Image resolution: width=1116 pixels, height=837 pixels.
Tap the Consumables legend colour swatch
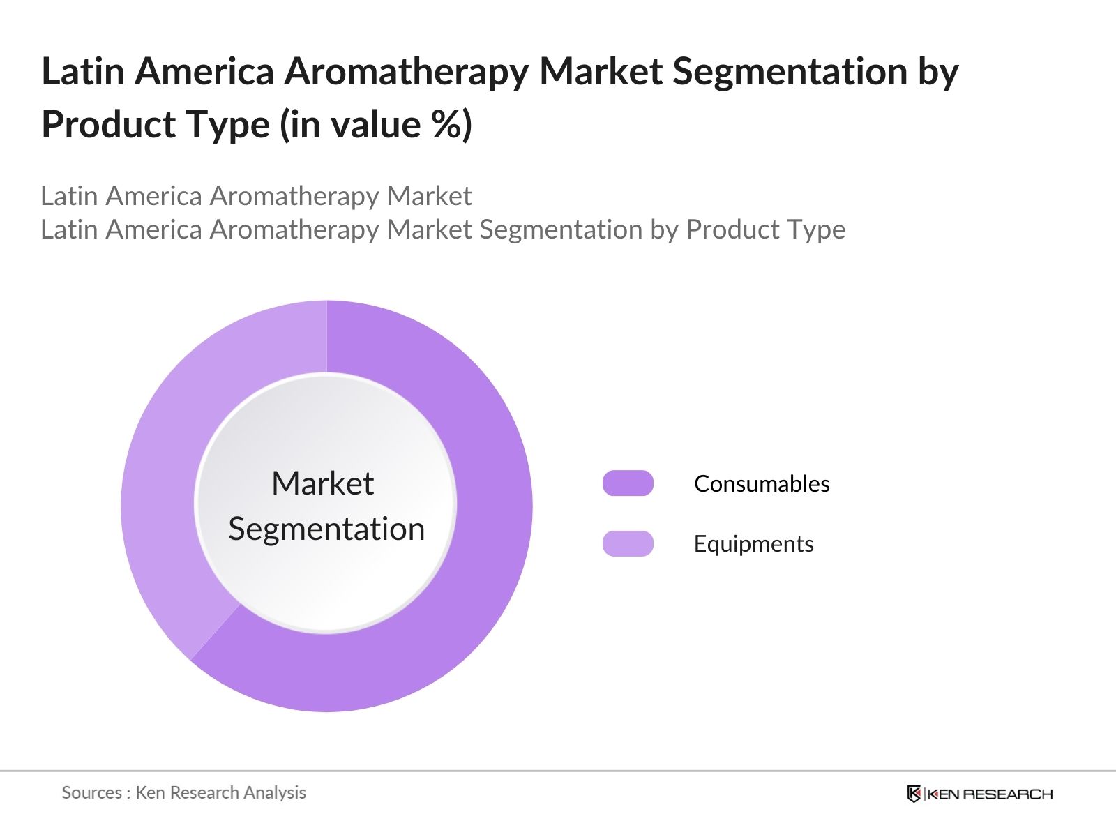click(x=628, y=483)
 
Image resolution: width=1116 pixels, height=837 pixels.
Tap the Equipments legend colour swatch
click(x=628, y=543)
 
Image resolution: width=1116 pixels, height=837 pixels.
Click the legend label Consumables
click(x=762, y=483)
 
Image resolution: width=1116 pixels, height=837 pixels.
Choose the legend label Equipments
click(x=753, y=543)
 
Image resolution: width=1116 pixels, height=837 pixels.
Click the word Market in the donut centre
click(x=322, y=483)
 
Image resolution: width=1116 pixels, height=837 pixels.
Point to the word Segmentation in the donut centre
click(x=326, y=529)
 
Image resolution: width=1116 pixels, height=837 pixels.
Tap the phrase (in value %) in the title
click(x=376, y=125)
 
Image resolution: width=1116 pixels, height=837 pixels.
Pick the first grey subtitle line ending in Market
click(x=256, y=196)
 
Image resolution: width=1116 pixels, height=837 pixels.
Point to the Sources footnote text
click(x=183, y=792)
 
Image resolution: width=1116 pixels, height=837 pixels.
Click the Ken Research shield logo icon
click(x=914, y=794)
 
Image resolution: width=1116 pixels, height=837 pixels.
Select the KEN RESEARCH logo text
click(x=990, y=794)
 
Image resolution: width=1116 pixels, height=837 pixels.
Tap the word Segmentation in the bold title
click(x=790, y=72)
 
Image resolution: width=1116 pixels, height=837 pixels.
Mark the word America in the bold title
click(x=204, y=72)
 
